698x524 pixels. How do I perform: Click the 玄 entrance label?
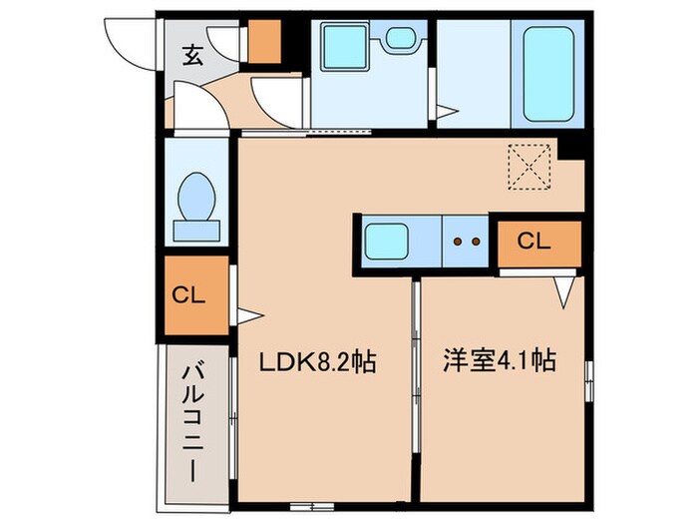tap(192, 56)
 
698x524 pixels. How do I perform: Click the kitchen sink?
tap(385, 241)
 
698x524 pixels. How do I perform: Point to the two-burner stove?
tap(467, 241)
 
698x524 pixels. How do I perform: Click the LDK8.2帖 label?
tap(319, 362)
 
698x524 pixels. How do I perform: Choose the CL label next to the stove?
tap(536, 241)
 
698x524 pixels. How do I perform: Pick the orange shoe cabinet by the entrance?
tap(264, 39)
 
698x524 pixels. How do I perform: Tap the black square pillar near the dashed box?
tap(571, 149)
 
